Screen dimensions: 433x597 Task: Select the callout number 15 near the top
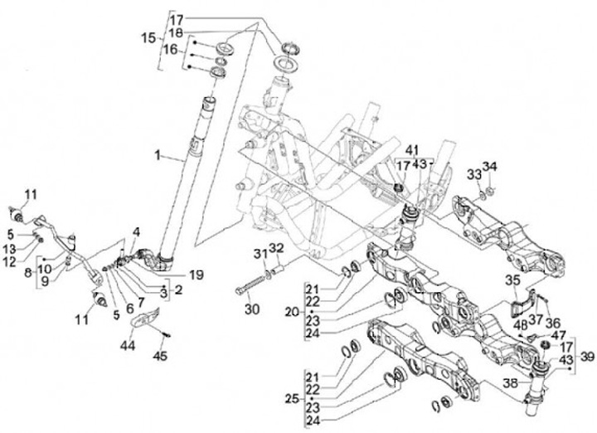pyautogui.click(x=148, y=37)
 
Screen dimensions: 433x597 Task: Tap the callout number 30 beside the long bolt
pyautogui.click(x=252, y=309)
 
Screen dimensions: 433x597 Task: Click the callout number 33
pyautogui.click(x=473, y=175)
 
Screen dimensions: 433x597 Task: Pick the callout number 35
pyautogui.click(x=511, y=280)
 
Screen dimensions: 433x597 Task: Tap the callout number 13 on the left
pyautogui.click(x=8, y=249)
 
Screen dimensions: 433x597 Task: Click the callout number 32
pyautogui.click(x=275, y=248)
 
